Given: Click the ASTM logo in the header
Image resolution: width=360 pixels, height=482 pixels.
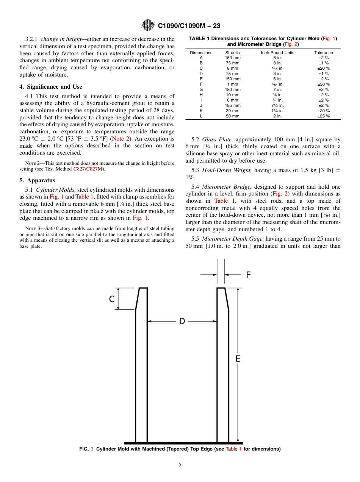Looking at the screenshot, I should tap(148, 25).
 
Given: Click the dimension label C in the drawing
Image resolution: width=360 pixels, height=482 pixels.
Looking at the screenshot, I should tap(112, 299).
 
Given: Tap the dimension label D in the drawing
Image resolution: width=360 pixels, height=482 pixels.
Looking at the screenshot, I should tap(182, 321).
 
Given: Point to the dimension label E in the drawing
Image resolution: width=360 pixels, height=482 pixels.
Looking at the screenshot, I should tap(238, 358).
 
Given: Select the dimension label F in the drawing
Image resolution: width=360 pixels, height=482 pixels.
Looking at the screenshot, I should tap(249, 275).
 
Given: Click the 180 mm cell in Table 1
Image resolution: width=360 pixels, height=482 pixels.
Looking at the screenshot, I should tap(233, 89).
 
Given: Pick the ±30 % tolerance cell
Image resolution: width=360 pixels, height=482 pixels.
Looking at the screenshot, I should tap(323, 84).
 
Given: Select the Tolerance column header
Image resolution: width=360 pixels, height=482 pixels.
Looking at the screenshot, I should tap(323, 53).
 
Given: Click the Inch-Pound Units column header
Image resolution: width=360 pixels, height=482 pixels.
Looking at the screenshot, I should tap(277, 53).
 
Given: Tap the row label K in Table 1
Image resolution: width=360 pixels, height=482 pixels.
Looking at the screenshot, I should tap(201, 111).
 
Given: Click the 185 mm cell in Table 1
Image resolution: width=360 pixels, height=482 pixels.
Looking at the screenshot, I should tap(233, 105).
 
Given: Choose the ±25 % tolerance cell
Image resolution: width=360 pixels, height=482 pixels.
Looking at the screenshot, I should tap(323, 116).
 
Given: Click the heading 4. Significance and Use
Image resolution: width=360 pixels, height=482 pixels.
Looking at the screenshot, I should tap(51, 87).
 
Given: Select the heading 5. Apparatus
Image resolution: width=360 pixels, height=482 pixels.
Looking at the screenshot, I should tap(37, 180).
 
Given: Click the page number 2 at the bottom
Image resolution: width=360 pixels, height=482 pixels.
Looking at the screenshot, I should tap(180, 466).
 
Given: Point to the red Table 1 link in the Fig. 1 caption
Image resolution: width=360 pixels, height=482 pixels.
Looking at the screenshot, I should tap(233, 449).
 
